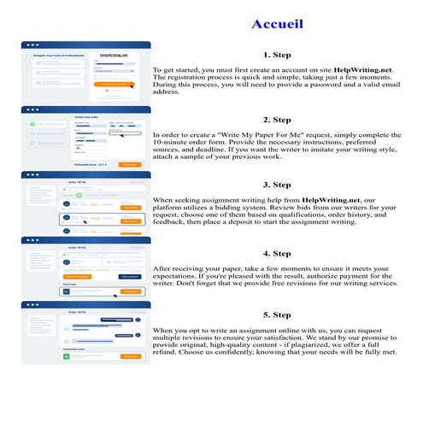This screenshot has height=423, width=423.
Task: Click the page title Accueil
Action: coord(278,23)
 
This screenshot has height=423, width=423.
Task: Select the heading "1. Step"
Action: coord(279,53)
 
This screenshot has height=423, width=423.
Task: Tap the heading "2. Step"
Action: coord(279,120)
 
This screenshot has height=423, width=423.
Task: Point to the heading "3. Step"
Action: coord(279,185)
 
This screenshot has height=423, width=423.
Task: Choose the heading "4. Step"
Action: coord(279,254)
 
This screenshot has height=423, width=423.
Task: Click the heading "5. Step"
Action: coord(279,314)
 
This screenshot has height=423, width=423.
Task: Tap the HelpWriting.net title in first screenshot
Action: coord(113,56)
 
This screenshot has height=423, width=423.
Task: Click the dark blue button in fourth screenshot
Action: coord(130,276)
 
